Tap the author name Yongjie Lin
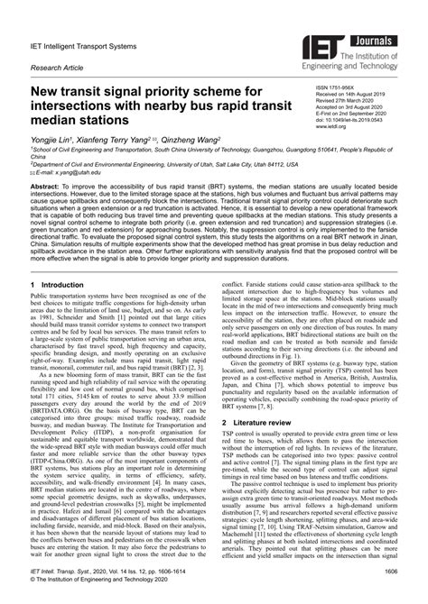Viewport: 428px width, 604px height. [x=56, y=140]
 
